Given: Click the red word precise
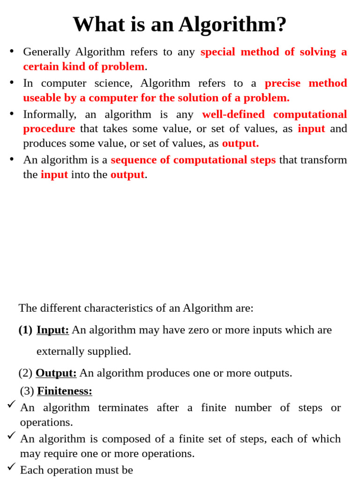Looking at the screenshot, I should click(282, 83).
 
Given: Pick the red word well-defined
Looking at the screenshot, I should click(233, 114).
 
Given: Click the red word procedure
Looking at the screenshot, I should click(49, 128).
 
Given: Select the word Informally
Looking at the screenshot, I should click(49, 114).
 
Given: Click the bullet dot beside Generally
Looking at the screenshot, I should click(12, 51).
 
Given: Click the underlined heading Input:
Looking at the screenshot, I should click(52, 330).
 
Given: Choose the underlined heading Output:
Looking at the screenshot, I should click(56, 373).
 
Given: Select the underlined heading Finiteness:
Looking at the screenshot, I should click(65, 390).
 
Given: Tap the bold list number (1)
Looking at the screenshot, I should click(25, 330).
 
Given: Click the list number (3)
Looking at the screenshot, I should click(27, 390).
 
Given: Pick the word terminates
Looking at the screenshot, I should click(123, 407).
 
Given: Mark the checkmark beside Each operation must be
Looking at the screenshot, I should click(12, 466).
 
